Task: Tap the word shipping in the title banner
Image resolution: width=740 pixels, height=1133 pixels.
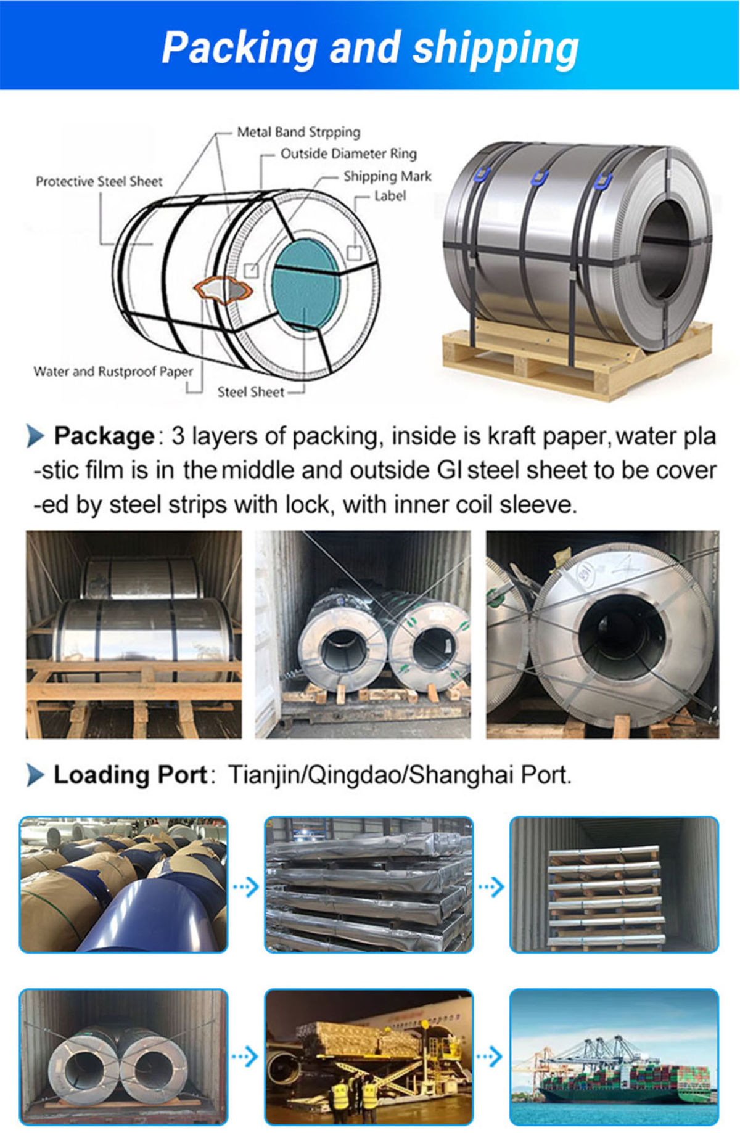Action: (496, 48)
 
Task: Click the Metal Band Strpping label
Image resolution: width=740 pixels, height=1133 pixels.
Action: (298, 132)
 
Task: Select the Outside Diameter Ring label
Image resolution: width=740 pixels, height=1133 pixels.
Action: (348, 153)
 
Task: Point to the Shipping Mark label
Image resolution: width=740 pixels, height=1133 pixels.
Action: (387, 176)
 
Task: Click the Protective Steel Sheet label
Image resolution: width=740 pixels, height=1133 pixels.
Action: (99, 181)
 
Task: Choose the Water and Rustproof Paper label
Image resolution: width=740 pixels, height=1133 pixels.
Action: (113, 372)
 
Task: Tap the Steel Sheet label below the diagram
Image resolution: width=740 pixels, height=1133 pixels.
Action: (250, 392)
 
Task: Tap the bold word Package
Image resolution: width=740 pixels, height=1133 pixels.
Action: (104, 436)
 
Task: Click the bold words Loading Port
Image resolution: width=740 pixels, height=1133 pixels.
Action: (131, 775)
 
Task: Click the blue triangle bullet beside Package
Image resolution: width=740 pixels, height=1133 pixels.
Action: (36, 436)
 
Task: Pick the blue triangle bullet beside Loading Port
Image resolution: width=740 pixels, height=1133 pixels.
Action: (36, 775)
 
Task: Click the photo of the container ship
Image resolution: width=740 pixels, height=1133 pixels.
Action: (614, 1057)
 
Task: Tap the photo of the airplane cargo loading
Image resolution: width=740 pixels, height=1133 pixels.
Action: (369, 1057)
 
